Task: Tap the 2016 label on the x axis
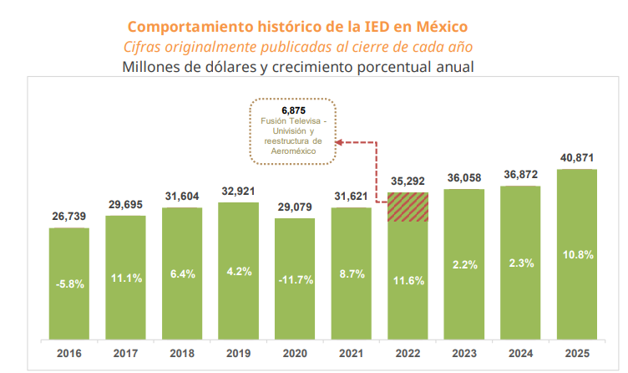click(68, 353)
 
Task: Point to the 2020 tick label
click(294, 353)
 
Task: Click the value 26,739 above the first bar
click(68, 217)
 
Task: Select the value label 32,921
click(238, 191)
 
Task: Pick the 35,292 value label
click(408, 181)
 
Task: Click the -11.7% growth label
click(294, 278)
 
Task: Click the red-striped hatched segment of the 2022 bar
click(408, 207)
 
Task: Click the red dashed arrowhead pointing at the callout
click(339, 142)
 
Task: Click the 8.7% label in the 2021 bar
click(351, 273)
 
